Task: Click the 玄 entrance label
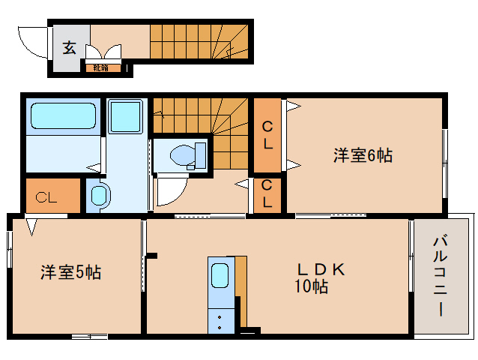69,48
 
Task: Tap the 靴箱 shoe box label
100,68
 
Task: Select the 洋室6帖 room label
363,155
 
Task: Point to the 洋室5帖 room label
70,272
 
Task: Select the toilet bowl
184,155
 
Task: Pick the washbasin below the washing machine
99,196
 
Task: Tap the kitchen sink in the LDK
220,275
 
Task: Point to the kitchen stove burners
220,320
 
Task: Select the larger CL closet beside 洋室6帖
267,136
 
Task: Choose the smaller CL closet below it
267,195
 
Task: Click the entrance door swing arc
33,42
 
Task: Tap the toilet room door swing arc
169,191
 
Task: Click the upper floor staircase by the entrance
199,40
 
